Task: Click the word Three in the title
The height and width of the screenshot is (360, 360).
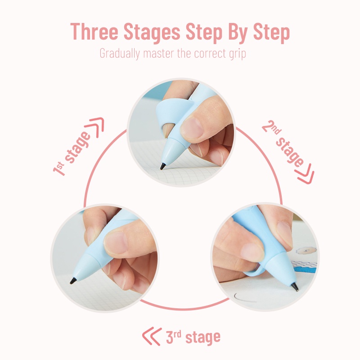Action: coord(94,31)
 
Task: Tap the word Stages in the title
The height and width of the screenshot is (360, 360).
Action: coord(152,32)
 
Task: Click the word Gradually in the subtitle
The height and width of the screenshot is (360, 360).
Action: coord(120,54)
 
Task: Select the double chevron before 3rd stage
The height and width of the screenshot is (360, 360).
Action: coord(152,336)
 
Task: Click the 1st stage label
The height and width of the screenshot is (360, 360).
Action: coord(72,153)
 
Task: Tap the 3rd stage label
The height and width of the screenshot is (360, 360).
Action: coord(193,337)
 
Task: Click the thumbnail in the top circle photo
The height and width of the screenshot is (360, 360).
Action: coord(193,128)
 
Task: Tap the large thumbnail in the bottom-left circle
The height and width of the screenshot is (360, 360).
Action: coord(116,243)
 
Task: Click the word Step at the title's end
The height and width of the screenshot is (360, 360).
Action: coord(271,33)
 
